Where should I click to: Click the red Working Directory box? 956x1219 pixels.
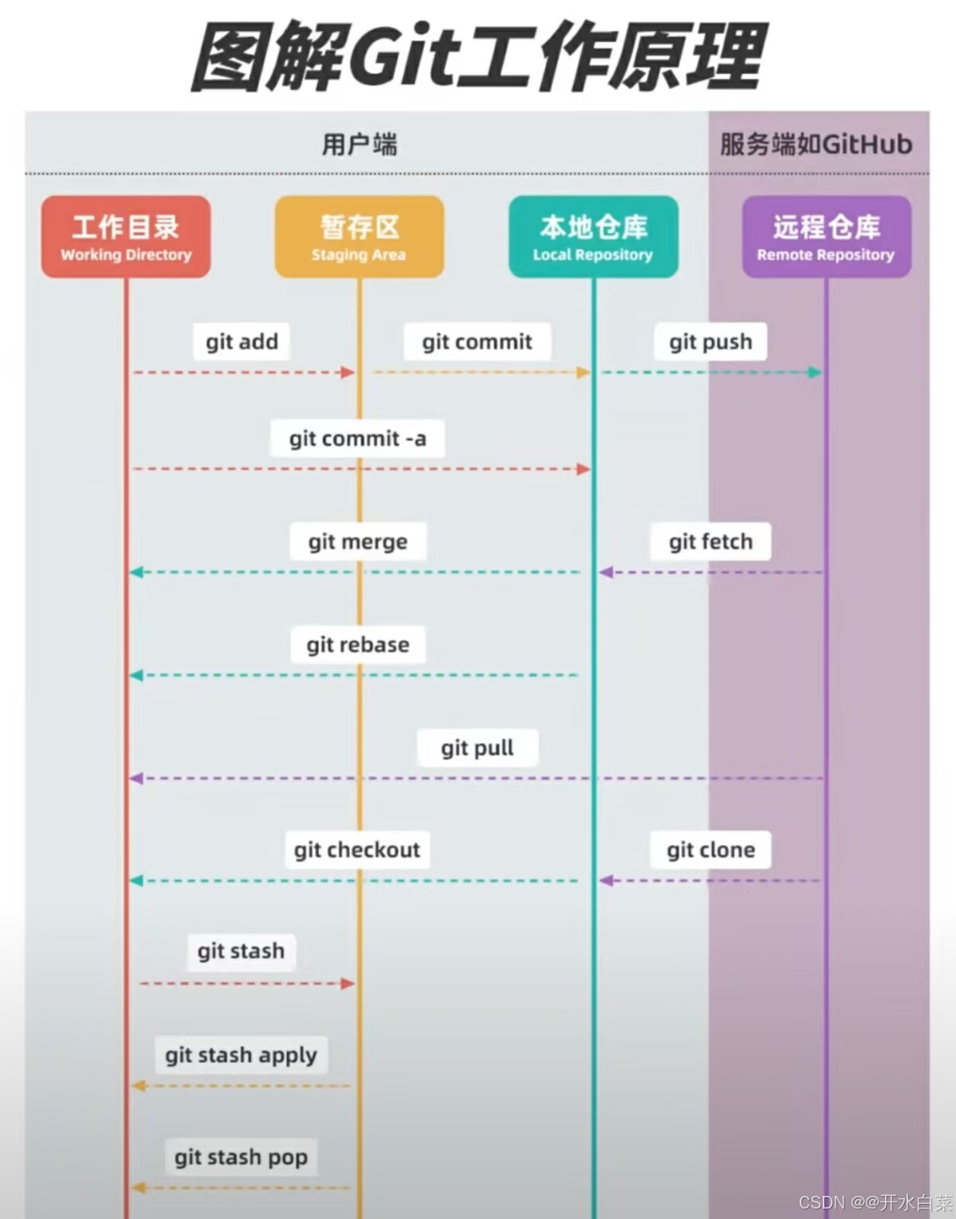(x=126, y=237)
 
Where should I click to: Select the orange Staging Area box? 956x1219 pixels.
(x=359, y=237)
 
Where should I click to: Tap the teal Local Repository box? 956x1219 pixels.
(x=593, y=237)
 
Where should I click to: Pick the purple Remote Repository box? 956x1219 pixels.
(x=826, y=237)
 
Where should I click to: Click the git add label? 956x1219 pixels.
(x=242, y=341)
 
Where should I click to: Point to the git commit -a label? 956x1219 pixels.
(x=357, y=438)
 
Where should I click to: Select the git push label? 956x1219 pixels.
(x=710, y=341)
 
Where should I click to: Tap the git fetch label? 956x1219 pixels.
(x=710, y=542)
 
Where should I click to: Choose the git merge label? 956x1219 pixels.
(x=357, y=542)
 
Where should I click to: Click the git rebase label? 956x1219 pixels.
(x=357, y=644)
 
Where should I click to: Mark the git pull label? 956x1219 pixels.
(x=477, y=748)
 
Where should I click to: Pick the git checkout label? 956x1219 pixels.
(x=356, y=850)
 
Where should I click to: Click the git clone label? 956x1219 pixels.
(x=710, y=850)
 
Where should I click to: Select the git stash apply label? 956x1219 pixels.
(x=241, y=1055)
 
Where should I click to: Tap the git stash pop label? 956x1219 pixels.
(x=241, y=1157)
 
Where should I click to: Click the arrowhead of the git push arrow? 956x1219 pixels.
(x=815, y=372)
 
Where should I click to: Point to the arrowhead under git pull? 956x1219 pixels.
(x=136, y=778)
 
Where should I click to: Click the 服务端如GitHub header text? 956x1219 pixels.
(x=816, y=144)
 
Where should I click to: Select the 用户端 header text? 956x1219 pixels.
(x=360, y=144)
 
